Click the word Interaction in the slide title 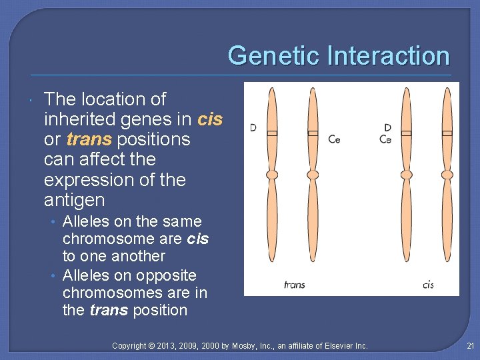[388, 55]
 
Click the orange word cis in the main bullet [210, 119]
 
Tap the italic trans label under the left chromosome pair [294, 285]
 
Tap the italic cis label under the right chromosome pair [428, 285]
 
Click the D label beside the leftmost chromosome [253, 127]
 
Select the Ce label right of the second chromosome [335, 139]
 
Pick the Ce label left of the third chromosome [385, 139]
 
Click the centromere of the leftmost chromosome [272, 175]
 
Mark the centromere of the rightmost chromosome [447, 175]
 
